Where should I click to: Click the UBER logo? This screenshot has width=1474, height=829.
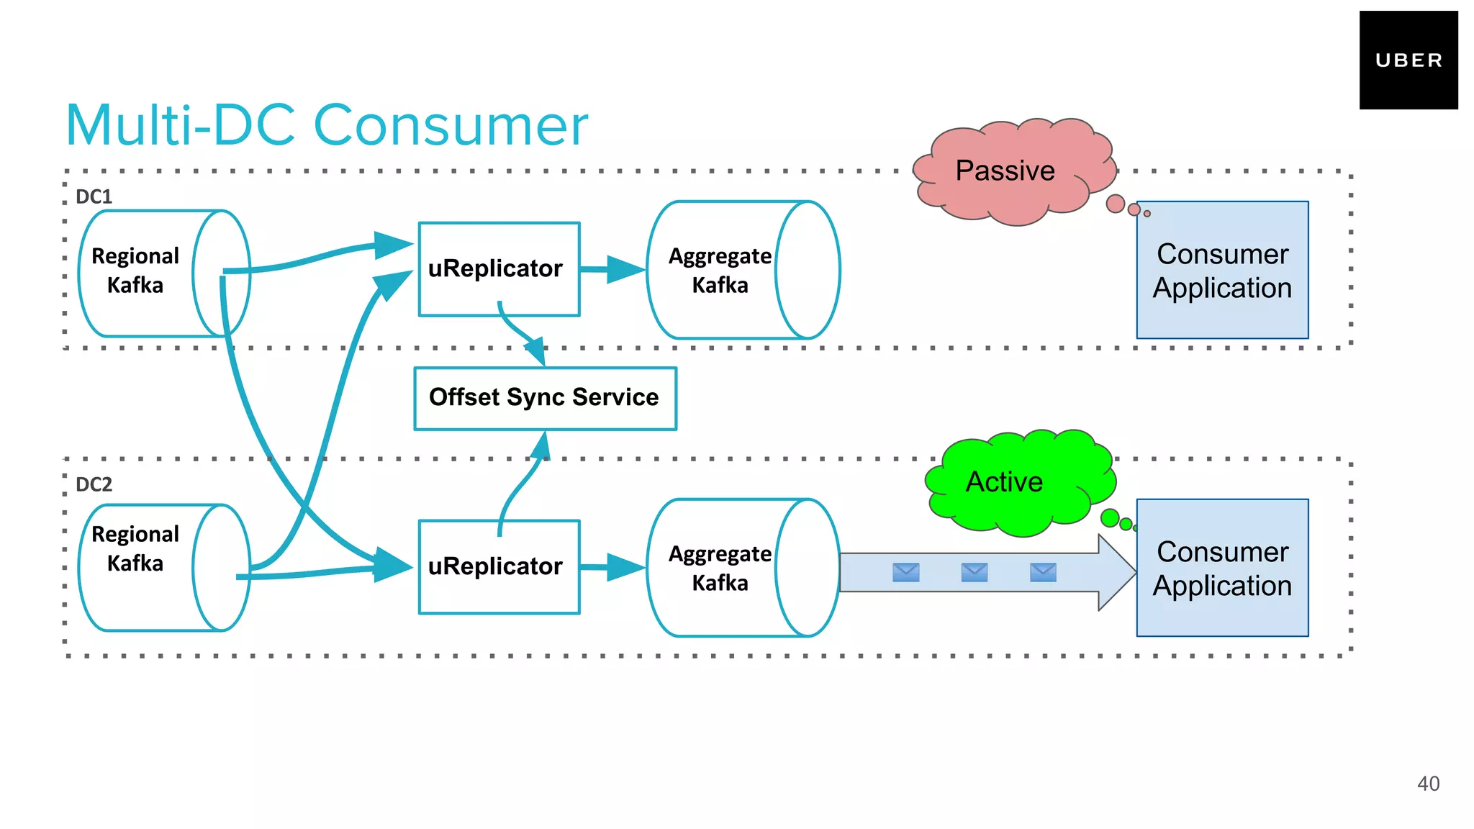pos(1408,60)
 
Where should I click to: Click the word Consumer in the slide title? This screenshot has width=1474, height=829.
pos(451,126)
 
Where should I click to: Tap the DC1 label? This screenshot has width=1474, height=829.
pos(94,196)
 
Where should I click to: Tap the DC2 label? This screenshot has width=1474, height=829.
pos(94,484)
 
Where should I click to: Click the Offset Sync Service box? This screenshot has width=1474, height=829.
pos(545,398)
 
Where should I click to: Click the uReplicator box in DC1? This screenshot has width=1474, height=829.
pos(499,269)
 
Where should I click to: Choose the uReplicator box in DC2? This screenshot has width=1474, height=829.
pos(499,567)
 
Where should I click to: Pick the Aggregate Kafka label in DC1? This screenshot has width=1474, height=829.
pos(720,271)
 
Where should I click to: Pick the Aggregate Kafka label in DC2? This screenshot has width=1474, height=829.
pos(720,568)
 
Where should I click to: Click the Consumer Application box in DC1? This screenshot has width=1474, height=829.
pos(1222,271)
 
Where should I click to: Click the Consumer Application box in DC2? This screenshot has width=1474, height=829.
pos(1222,568)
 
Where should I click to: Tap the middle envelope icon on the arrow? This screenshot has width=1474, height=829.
pos(974,573)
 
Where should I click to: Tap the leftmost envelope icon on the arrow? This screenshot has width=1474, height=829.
pos(905,573)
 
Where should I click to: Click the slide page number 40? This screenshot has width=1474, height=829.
pos(1428,784)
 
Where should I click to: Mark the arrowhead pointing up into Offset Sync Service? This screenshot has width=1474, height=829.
pos(541,445)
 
